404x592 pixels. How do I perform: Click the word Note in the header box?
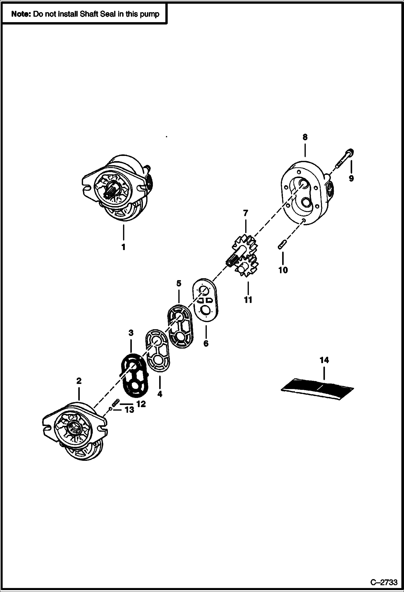pyautogui.click(x=21, y=14)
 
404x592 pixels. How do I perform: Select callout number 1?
pyautogui.click(x=123, y=247)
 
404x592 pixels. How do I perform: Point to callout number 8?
pyautogui.click(x=305, y=137)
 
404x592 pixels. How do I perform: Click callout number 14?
pyautogui.click(x=324, y=360)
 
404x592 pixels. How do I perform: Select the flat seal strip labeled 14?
pyautogui.click(x=317, y=389)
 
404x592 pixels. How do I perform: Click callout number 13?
pyautogui.click(x=129, y=410)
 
